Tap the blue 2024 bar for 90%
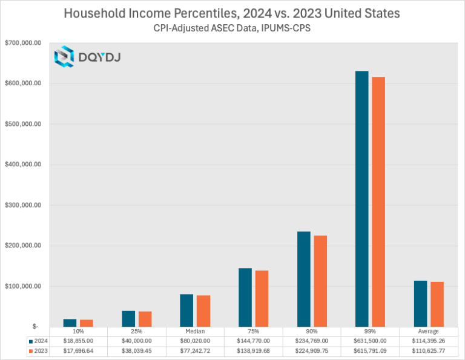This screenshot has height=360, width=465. [303, 279]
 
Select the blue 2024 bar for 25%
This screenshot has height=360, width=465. [128, 318]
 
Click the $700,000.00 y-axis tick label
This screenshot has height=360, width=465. [23, 43]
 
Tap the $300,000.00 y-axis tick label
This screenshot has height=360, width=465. [23, 205]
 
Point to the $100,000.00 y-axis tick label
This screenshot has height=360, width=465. [23, 286]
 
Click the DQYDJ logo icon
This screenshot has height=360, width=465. [64, 57]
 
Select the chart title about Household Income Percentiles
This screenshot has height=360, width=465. [232, 13]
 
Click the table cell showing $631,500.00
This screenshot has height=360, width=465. [369, 341]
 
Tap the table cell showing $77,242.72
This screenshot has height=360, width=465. [194, 351]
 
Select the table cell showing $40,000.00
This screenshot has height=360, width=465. [136, 341]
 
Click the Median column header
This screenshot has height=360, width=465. [194, 332]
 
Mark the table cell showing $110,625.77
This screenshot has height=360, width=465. [428, 351]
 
